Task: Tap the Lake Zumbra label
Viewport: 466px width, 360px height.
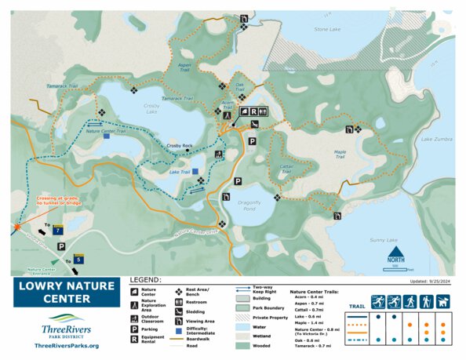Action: click(436, 139)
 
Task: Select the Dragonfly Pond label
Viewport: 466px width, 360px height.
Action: click(254, 205)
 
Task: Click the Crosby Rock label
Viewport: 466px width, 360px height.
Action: click(180, 145)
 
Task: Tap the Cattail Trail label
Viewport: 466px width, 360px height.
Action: click(286, 168)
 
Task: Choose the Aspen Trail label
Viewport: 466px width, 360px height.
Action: click(185, 67)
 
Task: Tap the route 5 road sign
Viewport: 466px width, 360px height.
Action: click(78, 258)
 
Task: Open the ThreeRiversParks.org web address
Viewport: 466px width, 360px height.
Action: click(67, 345)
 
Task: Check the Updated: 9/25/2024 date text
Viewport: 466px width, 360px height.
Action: click(430, 280)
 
